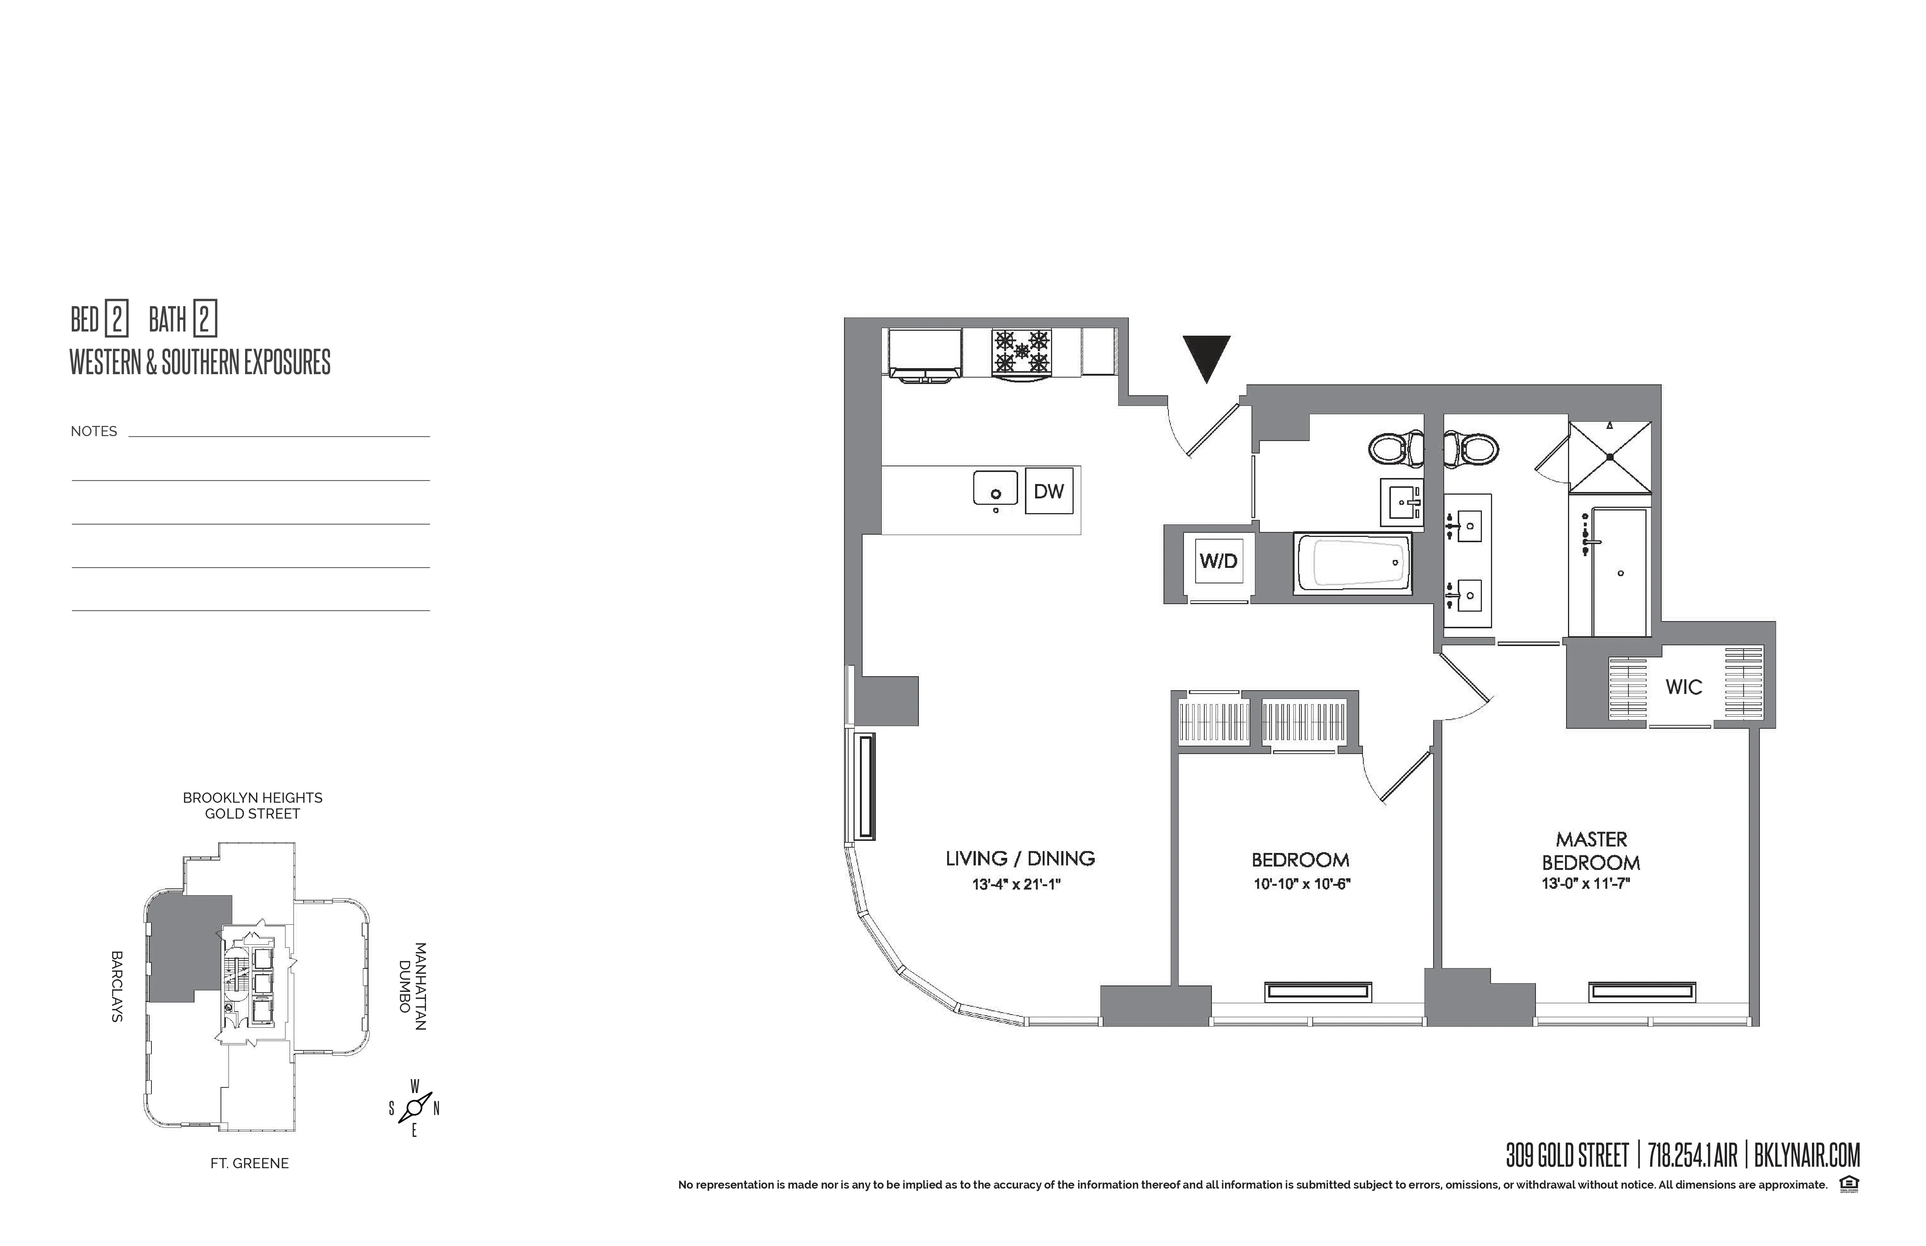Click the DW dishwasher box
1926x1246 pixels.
pyautogui.click(x=1049, y=491)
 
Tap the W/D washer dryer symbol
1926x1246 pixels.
pyautogui.click(x=1218, y=561)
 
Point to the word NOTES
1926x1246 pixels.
pyautogui.click(x=94, y=431)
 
